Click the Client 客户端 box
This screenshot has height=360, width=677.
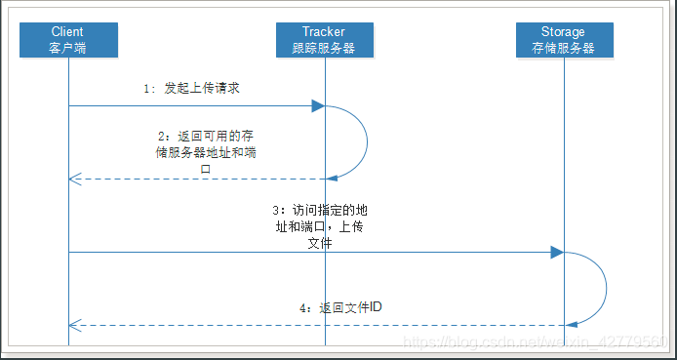(x=67, y=39)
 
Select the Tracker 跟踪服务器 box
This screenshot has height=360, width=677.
(x=324, y=39)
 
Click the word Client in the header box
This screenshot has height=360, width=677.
(x=67, y=31)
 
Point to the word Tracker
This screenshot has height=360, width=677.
(x=324, y=31)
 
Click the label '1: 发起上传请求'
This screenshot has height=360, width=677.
(x=191, y=88)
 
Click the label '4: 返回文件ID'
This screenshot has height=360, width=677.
(x=340, y=306)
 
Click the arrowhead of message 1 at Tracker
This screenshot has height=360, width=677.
(x=318, y=105)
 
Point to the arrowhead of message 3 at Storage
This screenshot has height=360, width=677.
(x=557, y=253)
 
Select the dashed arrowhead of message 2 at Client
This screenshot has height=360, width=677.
(x=74, y=179)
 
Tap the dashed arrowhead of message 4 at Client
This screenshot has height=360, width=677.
(x=74, y=325)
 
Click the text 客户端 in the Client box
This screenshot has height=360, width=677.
(x=67, y=47)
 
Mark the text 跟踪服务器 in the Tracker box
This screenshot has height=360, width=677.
(x=324, y=47)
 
